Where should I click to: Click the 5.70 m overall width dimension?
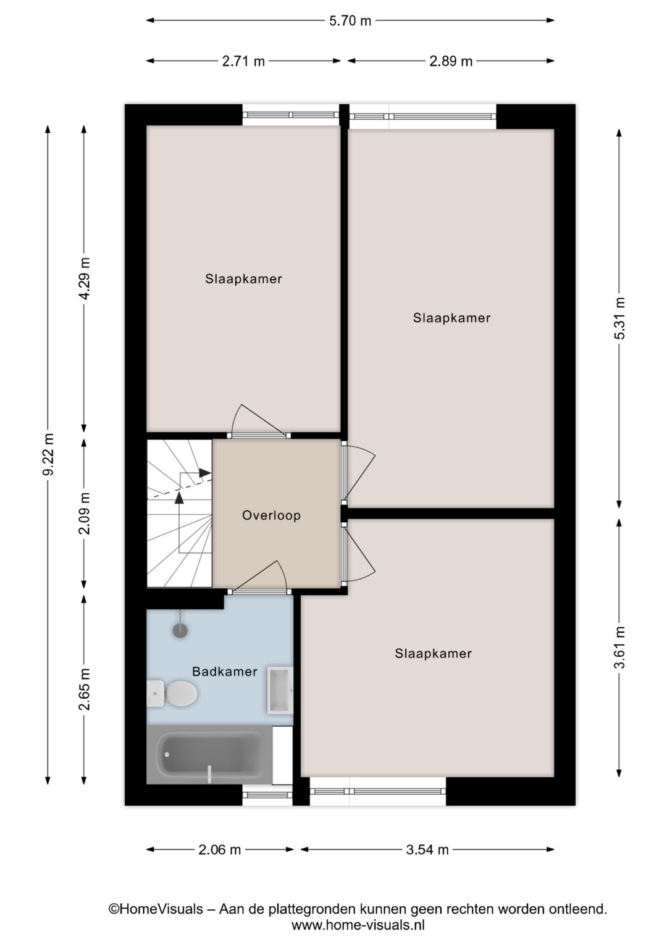click(x=350, y=21)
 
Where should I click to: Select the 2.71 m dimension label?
click(x=243, y=61)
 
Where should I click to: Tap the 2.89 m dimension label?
click(x=451, y=61)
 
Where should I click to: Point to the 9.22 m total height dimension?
click(x=48, y=454)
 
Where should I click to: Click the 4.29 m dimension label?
click(x=85, y=278)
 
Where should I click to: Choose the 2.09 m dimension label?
click(x=85, y=513)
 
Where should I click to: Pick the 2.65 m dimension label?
click(x=85, y=689)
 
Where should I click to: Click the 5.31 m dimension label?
click(x=619, y=318)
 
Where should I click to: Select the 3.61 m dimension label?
click(x=619, y=647)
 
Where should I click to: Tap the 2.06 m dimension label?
click(x=219, y=850)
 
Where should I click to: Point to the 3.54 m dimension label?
click(x=427, y=850)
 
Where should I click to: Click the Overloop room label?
click(x=271, y=515)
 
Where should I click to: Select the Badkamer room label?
click(x=224, y=672)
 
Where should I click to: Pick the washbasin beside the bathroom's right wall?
click(x=279, y=689)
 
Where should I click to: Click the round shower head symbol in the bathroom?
click(x=180, y=630)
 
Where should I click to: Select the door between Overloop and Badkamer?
click(x=259, y=591)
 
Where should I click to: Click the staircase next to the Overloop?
click(x=179, y=513)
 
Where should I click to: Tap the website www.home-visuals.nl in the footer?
click(x=358, y=925)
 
